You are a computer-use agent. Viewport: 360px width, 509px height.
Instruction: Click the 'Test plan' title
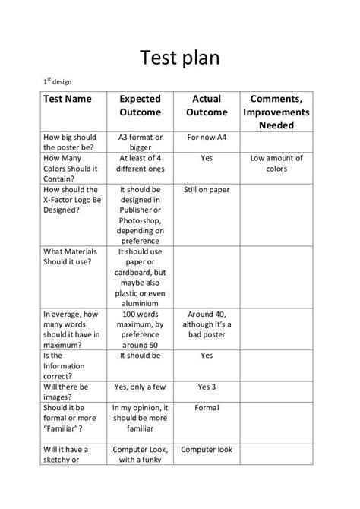click(x=180, y=57)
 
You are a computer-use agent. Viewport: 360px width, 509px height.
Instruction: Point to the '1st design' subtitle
click(x=58, y=81)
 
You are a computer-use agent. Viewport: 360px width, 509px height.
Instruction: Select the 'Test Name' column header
click(x=67, y=99)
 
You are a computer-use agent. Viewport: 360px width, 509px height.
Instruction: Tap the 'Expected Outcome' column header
click(x=141, y=106)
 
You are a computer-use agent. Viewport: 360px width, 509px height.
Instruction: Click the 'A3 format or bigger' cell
click(x=141, y=142)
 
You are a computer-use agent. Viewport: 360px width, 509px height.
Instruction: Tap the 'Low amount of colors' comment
click(x=276, y=163)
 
